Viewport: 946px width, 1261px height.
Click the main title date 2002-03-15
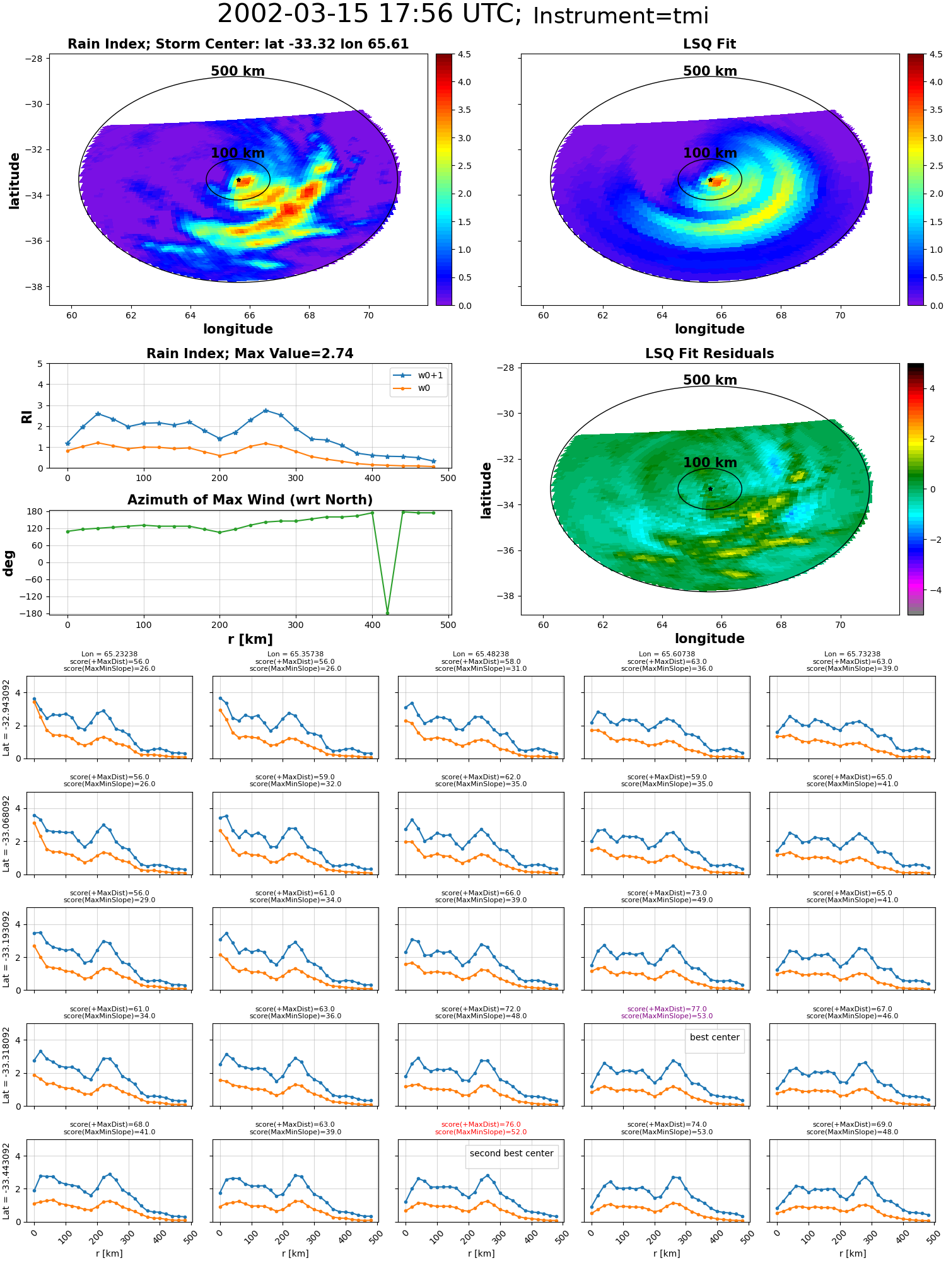pos(293,15)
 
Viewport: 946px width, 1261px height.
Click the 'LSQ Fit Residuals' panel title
pos(709,354)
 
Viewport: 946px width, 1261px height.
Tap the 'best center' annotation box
pos(715,1037)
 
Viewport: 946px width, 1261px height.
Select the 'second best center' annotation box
pos(511,1153)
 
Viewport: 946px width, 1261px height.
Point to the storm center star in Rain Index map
pos(238,180)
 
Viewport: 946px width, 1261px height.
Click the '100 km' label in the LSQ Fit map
pos(710,153)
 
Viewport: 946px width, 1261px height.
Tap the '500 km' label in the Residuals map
pos(710,380)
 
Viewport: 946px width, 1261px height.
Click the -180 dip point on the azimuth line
pos(387,613)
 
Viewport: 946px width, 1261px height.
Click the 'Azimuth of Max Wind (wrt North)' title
pos(250,500)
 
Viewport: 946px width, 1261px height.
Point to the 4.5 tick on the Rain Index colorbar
pos(464,54)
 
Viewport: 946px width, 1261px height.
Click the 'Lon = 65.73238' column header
pos(852,654)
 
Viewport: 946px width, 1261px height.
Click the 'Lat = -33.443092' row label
pos(6,1180)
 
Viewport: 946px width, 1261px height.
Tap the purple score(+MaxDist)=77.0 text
pos(667,1009)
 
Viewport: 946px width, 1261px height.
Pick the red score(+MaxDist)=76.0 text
pos(481,1124)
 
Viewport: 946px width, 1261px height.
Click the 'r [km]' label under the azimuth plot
pos(250,639)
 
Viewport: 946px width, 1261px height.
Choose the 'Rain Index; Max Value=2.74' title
pos(250,354)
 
